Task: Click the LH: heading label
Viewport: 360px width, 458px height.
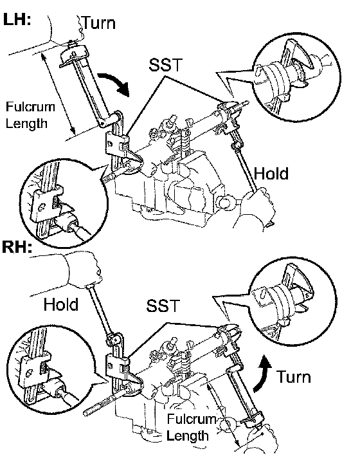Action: (17, 19)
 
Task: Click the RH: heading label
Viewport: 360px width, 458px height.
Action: (17, 246)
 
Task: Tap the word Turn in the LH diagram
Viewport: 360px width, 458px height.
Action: (99, 23)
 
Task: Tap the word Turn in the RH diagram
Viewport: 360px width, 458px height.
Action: (293, 376)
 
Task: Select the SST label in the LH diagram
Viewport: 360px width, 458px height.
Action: (166, 64)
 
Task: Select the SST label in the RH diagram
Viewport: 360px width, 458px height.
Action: (163, 306)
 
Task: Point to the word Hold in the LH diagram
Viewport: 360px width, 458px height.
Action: (271, 174)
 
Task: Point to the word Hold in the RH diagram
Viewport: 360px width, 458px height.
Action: (61, 304)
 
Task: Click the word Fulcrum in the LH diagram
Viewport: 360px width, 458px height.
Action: (30, 107)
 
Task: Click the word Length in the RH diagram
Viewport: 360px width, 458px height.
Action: (188, 436)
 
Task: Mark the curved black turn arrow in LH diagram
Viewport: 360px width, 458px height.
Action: (114, 84)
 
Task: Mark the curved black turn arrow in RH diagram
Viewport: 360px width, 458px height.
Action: (262, 373)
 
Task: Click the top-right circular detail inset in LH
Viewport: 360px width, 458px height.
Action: (296, 77)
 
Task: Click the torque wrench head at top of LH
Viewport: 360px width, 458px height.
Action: (74, 55)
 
